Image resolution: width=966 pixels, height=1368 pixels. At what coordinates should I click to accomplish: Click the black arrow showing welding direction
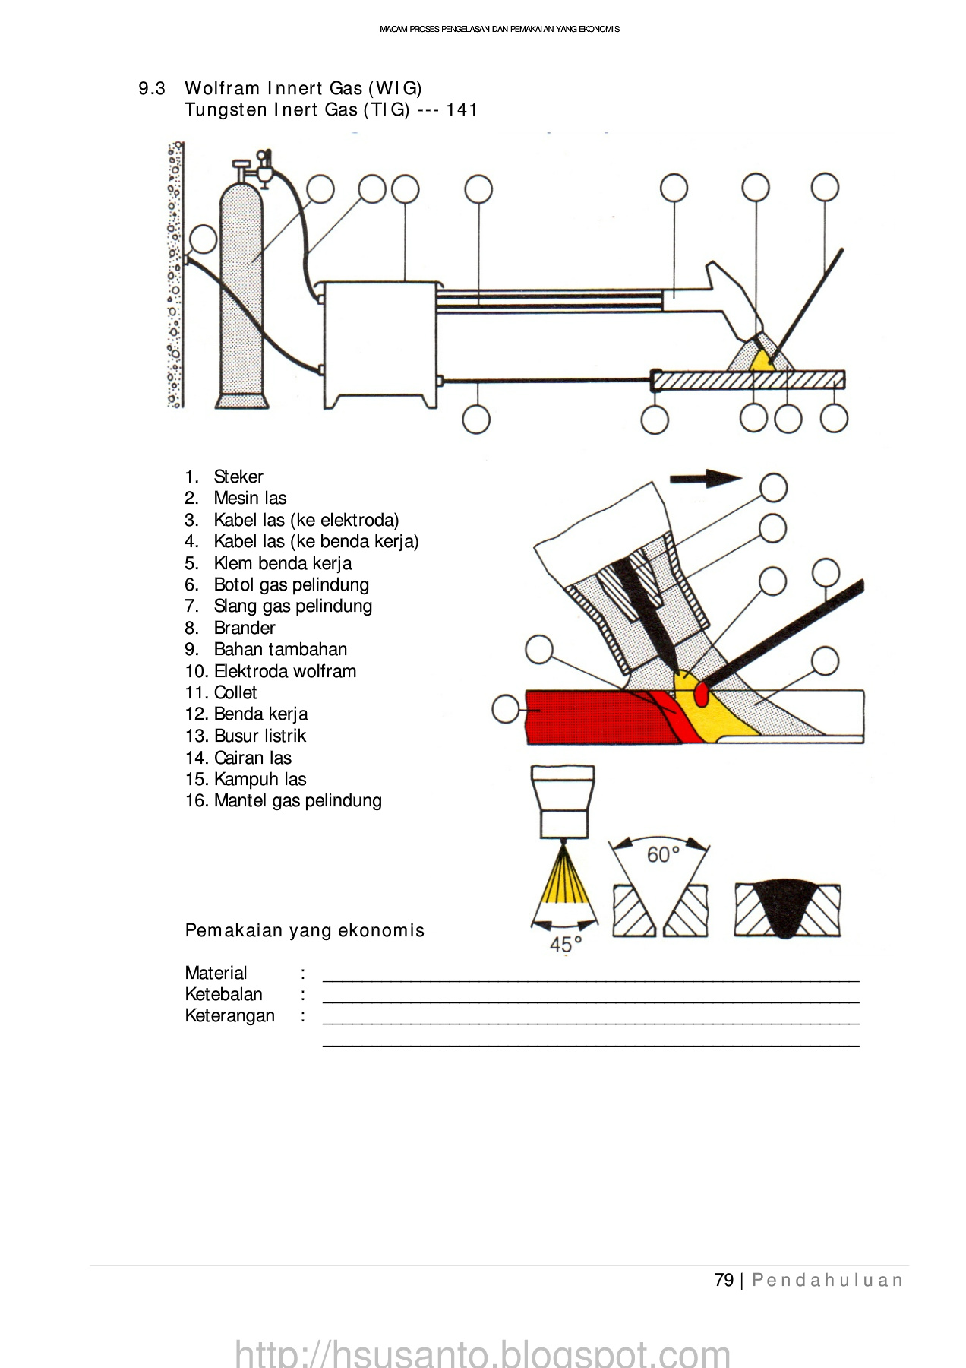point(706,478)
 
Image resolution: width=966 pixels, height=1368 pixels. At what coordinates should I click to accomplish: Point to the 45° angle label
point(565,945)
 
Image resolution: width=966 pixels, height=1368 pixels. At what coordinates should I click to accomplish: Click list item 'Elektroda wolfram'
point(285,671)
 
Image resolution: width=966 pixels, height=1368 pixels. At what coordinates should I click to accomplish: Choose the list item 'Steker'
point(238,477)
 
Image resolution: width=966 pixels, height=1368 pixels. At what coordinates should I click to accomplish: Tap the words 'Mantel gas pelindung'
point(298,800)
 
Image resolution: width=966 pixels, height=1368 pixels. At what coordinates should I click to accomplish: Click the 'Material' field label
point(216,973)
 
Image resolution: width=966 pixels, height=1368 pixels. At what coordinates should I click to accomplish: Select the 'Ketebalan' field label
point(223,994)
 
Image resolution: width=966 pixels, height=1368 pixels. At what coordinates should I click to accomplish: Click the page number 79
point(724,1280)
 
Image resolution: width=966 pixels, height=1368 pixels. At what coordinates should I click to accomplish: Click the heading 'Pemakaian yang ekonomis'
point(305,930)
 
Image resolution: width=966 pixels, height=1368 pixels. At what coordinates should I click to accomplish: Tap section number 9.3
point(152,89)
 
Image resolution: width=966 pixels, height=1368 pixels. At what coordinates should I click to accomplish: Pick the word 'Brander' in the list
point(245,628)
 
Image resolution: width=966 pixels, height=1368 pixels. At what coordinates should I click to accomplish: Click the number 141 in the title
point(462,109)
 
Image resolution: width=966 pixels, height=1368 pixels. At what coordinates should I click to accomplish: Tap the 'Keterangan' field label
point(229,1015)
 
